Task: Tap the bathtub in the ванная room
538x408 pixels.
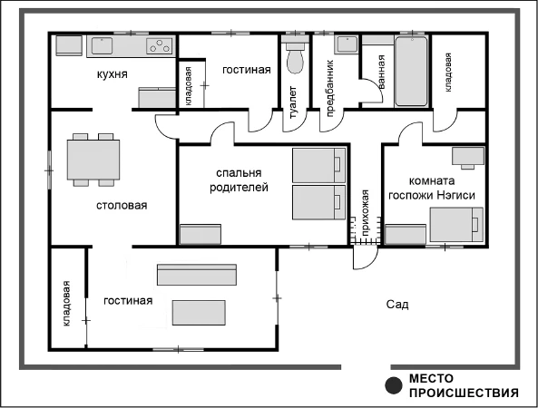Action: click(x=411, y=72)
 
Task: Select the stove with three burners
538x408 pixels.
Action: click(x=159, y=45)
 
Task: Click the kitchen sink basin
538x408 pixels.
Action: click(x=102, y=45)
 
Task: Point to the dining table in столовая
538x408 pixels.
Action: click(x=93, y=160)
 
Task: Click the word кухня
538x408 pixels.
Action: click(x=112, y=74)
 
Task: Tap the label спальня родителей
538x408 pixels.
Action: click(x=239, y=180)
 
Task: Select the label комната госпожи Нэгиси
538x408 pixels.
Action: click(x=432, y=188)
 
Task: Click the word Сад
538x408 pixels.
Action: click(x=397, y=304)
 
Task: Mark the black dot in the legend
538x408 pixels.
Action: click(x=394, y=385)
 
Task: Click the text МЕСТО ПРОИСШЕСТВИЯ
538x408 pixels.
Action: click(x=464, y=385)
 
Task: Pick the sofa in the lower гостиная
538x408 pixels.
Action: click(x=197, y=275)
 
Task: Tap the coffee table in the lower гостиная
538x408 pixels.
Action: click(x=199, y=313)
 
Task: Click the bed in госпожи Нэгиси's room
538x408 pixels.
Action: click(x=456, y=225)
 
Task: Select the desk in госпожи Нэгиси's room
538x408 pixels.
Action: click(x=468, y=156)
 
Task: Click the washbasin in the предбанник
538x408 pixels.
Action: click(x=347, y=45)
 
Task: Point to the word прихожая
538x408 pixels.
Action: click(x=366, y=212)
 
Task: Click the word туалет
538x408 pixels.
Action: click(x=293, y=102)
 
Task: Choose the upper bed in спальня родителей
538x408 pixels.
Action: click(x=318, y=165)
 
